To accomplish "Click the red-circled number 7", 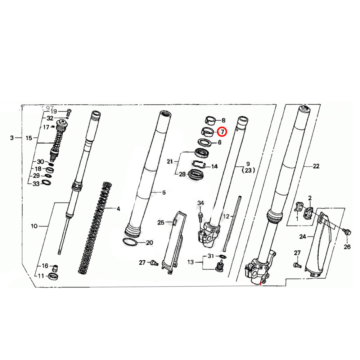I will pos(222,132).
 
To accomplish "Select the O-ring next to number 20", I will pos(130,242).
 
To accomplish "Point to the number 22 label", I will pos(316,166).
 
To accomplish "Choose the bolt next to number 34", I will pos(201,216).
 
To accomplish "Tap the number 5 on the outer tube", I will pos(164,193).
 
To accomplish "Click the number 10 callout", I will pos(34,226).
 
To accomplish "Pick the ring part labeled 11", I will pos(53,276).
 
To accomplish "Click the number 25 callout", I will pos(161,222).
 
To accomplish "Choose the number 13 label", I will pos(190,262).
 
